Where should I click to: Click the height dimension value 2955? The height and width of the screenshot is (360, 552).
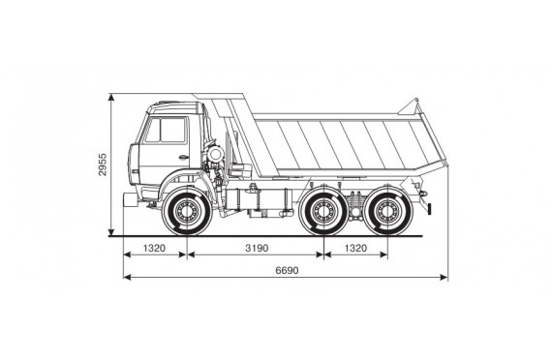102,165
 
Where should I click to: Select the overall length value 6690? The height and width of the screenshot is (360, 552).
287,270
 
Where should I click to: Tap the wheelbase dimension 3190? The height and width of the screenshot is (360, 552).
257,248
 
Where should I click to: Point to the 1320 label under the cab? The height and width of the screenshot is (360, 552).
154,248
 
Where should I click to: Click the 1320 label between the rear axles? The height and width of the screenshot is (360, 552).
355,248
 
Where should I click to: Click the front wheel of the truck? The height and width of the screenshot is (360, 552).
187,212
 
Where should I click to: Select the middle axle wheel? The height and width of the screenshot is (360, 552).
323,211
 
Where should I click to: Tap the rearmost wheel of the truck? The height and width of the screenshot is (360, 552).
387,211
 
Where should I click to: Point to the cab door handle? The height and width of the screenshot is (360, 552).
183,158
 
